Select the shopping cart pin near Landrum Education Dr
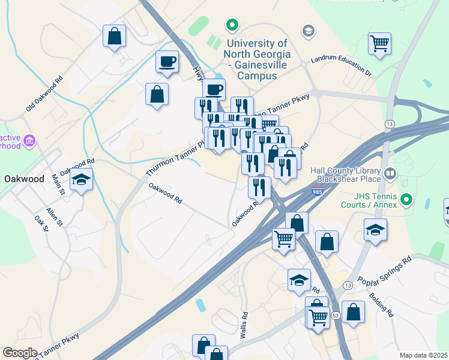click(x=379, y=44)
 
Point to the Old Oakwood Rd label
click(x=44, y=94)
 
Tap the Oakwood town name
click(x=24, y=179)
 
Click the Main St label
click(x=58, y=184)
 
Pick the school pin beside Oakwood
click(x=81, y=179)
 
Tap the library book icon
click(x=391, y=174)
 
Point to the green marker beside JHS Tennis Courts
click(x=406, y=199)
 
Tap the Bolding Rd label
click(x=381, y=304)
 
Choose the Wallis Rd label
click(x=245, y=326)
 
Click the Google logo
click(x=20, y=353)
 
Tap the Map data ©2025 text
click(x=423, y=355)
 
